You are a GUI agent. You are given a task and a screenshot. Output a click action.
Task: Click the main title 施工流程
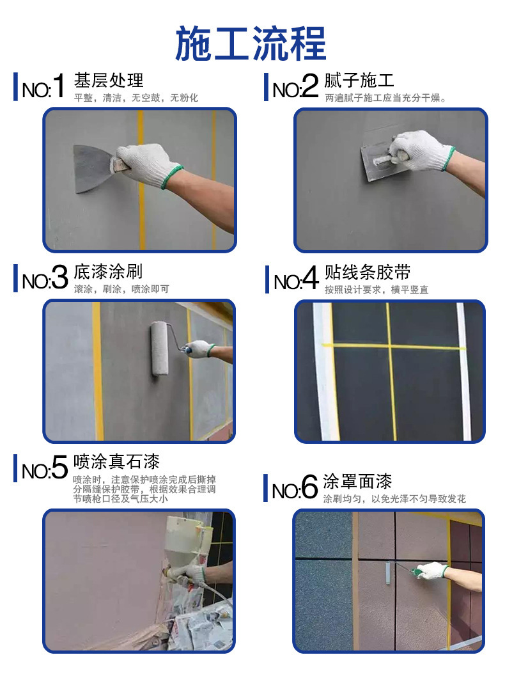[251, 43]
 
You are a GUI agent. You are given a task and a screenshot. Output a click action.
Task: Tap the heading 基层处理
[109, 81]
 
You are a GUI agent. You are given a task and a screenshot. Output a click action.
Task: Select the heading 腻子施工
[359, 81]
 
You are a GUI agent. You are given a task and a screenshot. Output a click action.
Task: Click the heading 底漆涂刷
[108, 272]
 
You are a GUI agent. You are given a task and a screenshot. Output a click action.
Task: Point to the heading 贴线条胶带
[368, 272]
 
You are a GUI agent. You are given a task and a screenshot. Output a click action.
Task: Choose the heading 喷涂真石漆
[116, 462]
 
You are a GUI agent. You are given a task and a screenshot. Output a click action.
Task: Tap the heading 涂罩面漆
[358, 481]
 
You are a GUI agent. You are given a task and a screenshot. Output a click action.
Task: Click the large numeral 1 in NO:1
[59, 86]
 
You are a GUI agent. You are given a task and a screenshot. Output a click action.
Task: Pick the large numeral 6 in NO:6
[309, 487]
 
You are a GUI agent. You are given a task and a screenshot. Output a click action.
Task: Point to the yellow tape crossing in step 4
[390, 346]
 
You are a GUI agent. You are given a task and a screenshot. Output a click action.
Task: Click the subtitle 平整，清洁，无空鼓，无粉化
[136, 98]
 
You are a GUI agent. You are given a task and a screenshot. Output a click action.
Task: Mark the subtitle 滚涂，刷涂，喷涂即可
[121, 289]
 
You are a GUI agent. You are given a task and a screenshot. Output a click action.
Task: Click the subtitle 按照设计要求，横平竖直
[377, 290]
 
